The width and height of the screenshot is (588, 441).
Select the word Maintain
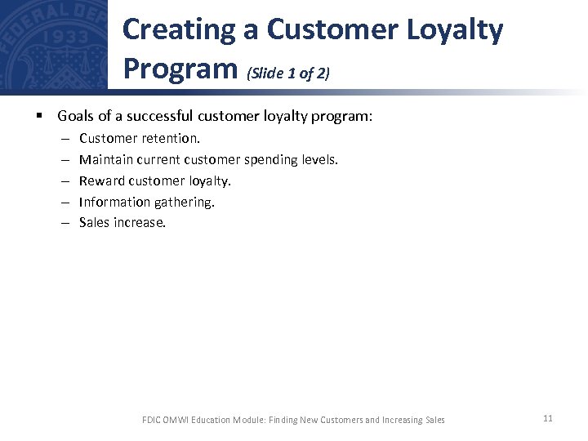point(106,159)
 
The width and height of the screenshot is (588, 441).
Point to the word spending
point(270,159)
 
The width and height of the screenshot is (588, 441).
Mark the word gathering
point(185,202)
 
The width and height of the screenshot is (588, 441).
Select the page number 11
point(547,418)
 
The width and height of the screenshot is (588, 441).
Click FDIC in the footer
point(153,420)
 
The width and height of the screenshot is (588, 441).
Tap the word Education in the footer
point(218,420)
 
